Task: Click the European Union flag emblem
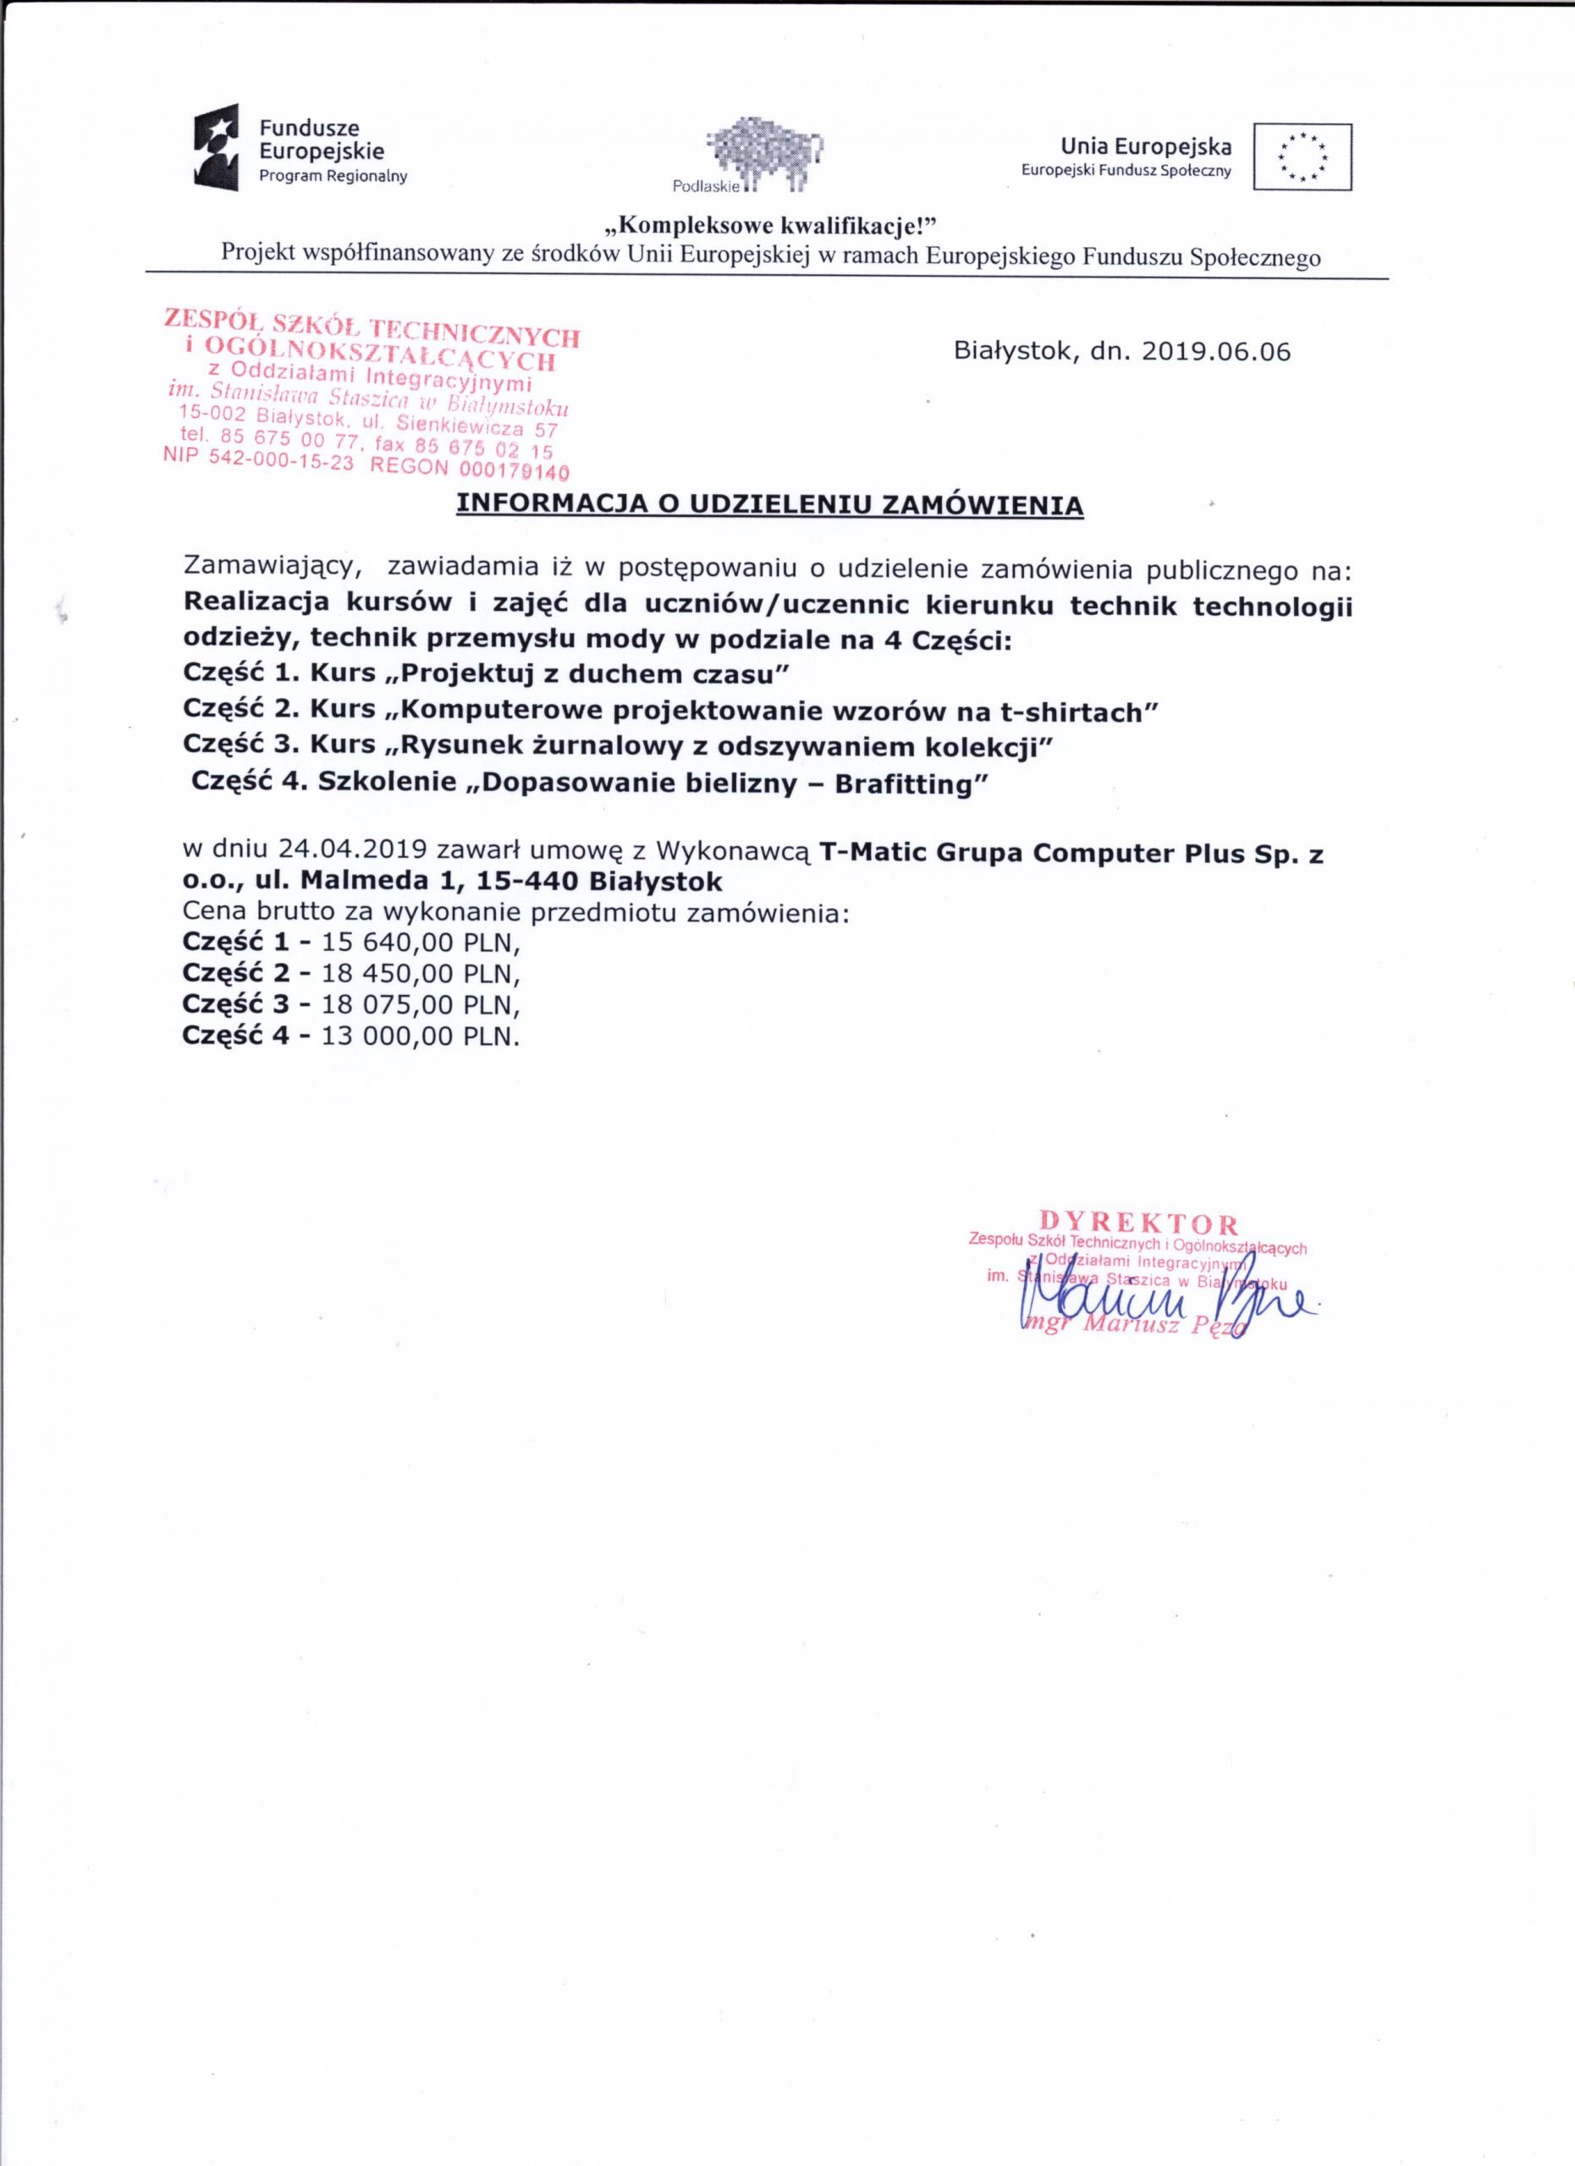[1302, 157]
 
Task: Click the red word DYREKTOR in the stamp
[1138, 1223]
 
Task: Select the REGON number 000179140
[514, 470]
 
